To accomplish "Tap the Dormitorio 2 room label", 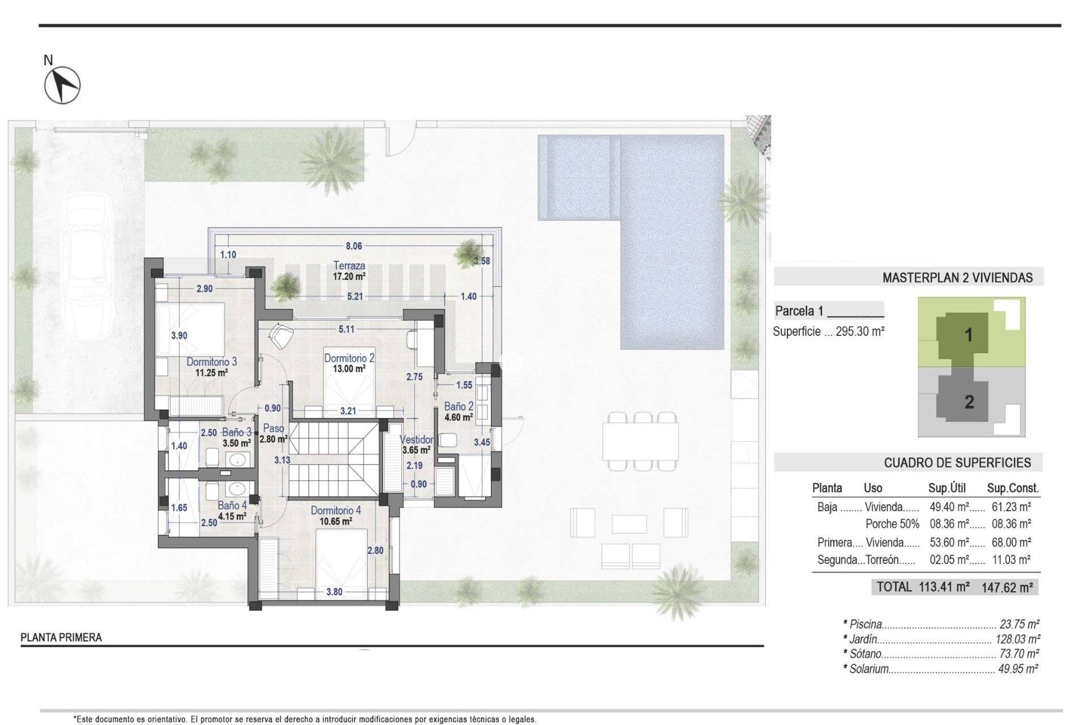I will tap(349, 358).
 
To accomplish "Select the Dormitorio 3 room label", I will tap(211, 362).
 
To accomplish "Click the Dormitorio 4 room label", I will tap(335, 511).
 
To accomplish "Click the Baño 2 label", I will tap(458, 407).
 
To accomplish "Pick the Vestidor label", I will tap(416, 440).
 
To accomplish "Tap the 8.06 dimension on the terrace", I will tap(354, 246).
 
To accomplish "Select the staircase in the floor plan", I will tap(333, 459).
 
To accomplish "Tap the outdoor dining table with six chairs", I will tap(640, 442).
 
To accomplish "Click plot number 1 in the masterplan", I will tap(968, 335).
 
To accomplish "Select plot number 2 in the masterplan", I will tap(969, 402).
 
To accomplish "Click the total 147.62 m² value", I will tap(1007, 587).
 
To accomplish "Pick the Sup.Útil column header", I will tap(947, 488).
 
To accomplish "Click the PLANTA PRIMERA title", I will tap(61, 637).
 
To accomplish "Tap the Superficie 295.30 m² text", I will tap(828, 332).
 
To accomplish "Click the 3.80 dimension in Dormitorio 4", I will tap(334, 592).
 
